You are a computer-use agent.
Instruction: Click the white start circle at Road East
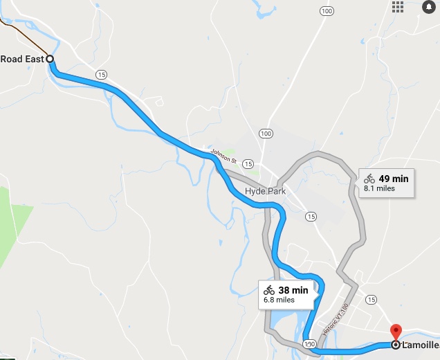50,59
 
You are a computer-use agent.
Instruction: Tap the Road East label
21,59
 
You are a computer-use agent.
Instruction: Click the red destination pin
396,331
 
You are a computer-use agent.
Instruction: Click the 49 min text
394,179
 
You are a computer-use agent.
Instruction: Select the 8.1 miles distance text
379,188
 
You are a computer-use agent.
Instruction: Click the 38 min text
293,290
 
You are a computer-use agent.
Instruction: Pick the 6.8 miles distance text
279,300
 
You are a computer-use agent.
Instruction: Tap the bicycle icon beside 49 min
369,179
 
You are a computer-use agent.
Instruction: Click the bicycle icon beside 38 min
269,290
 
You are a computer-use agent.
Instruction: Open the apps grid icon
398,7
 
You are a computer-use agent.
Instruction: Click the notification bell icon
428,7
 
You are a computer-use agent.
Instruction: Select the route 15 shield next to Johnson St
248,163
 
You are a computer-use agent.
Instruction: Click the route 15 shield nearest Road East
102,74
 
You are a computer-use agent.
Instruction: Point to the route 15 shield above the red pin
372,299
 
